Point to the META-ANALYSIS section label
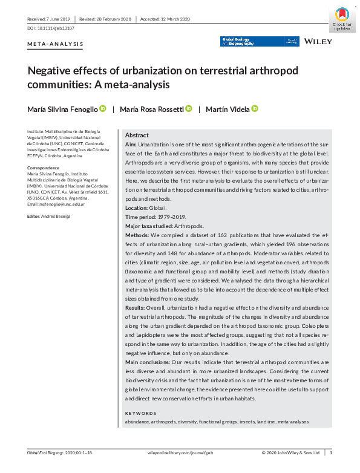click(55, 44)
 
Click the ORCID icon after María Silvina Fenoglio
click(103, 108)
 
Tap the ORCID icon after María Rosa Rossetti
click(189, 108)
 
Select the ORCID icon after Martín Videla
click(255, 108)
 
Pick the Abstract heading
click(137, 135)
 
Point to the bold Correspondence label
click(44, 167)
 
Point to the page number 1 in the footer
click(331, 452)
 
